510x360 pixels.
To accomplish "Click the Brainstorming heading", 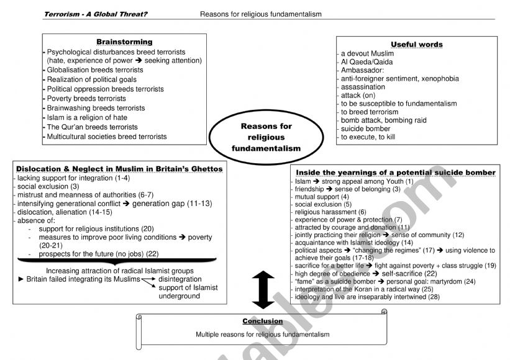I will [124, 42].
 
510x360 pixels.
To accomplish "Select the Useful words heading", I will [417, 44].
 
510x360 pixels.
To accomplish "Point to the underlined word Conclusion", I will [262, 322].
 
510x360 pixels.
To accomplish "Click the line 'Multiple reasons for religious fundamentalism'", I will [262, 334].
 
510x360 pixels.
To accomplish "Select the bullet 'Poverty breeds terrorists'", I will [86, 99].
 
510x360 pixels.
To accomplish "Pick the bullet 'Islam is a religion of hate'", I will [87, 117].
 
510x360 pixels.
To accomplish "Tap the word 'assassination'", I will [363, 87].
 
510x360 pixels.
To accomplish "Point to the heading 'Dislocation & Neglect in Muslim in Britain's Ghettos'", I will [119, 168].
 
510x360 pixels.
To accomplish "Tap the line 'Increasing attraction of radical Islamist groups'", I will [119, 271].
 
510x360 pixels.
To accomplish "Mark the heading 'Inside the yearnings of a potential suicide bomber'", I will [395, 172].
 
